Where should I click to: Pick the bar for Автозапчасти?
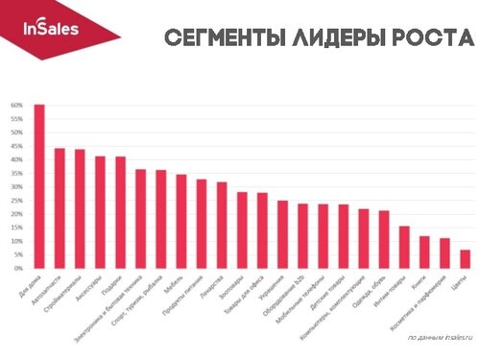(60, 207)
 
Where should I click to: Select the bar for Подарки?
(120, 212)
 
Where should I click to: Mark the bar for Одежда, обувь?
(383, 239)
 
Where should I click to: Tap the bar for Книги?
(423, 252)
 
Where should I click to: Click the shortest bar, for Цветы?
(465, 258)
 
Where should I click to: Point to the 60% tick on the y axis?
(16, 105)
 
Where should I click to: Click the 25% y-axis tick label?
(16, 200)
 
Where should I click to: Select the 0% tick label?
(18, 268)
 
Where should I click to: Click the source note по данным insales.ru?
(440, 337)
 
